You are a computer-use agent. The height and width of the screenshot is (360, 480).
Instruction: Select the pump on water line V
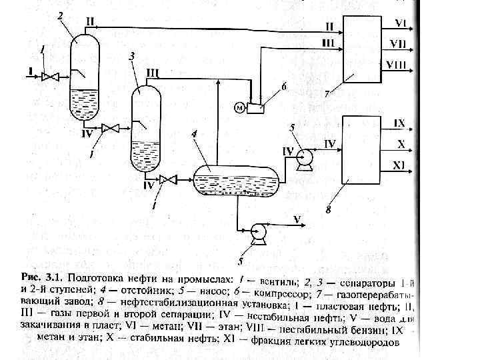pos(257,233)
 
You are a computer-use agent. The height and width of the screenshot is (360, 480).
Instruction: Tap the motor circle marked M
pos(238,107)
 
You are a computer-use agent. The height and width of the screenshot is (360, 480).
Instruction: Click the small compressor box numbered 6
pos(255,107)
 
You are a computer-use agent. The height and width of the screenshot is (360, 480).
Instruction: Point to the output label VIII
pos(398,65)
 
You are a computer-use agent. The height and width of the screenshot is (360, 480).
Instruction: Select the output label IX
pos(399,124)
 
